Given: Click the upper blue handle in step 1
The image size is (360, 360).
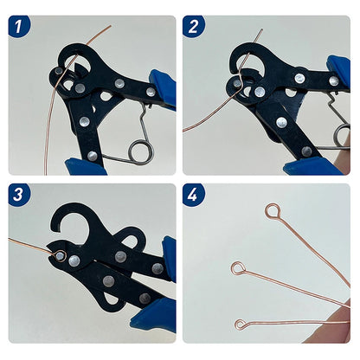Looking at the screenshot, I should click(x=163, y=87).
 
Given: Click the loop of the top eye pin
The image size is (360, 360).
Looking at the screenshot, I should click(x=273, y=210).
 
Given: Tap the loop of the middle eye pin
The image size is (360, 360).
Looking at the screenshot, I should click(x=236, y=268).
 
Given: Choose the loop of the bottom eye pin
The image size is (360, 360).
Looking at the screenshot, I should click(x=240, y=325).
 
